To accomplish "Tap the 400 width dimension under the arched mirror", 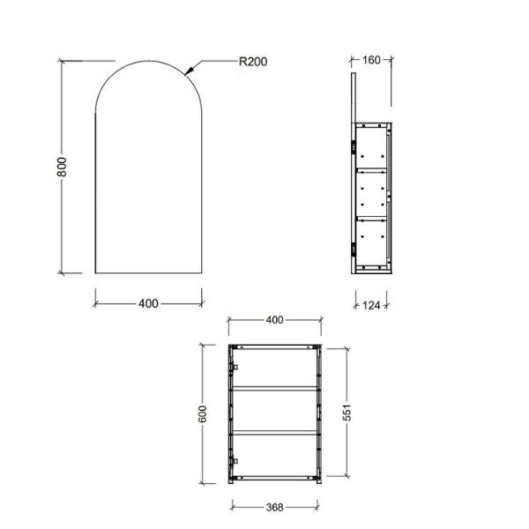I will click(148, 303).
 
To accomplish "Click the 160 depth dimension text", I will click(371, 61).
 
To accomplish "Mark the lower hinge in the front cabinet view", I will click(235, 461).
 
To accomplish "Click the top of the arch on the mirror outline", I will click(146, 59).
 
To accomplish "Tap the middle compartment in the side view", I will click(371, 192).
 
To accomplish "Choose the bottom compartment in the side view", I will click(371, 241).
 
